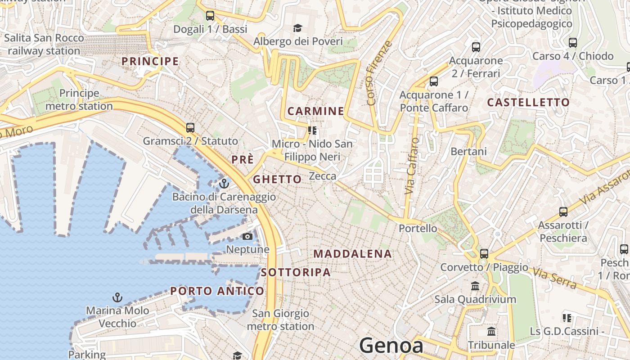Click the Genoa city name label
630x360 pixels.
click(391, 346)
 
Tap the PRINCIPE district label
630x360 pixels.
click(150, 61)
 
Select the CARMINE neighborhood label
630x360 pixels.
click(315, 111)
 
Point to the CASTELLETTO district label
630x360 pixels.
click(528, 103)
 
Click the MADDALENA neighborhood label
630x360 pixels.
click(353, 254)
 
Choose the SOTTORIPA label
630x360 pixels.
click(296, 272)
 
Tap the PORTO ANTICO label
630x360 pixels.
click(217, 291)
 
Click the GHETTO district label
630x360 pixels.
click(277, 180)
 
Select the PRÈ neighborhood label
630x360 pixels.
click(243, 160)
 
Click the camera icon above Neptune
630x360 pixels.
click(247, 236)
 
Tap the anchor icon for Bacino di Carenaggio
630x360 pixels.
click(224, 183)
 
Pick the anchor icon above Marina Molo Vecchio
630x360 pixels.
click(117, 297)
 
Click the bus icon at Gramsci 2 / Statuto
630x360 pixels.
click(190, 127)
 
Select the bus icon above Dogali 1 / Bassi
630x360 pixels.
click(210, 16)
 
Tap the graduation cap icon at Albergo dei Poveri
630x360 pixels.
click(297, 28)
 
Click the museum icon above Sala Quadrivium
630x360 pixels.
click(475, 286)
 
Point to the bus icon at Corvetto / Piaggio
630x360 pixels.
click(484, 253)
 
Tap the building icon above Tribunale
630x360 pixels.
click(491, 332)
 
